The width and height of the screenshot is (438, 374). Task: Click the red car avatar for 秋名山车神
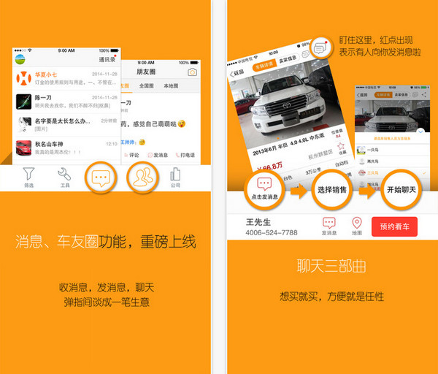pyautogui.click(x=24, y=148)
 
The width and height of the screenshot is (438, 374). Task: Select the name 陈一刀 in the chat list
pyautogui.click(x=47, y=96)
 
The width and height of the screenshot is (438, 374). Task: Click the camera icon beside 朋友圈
pyautogui.click(x=193, y=72)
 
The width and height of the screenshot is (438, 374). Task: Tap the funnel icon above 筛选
pyautogui.click(x=28, y=174)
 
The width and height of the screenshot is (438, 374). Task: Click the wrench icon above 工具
pyautogui.click(x=64, y=174)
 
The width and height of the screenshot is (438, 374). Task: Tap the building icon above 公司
pyautogui.click(x=175, y=174)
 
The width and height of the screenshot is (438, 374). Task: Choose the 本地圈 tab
pyautogui.click(x=171, y=86)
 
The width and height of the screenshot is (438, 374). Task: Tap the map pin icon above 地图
pyautogui.click(x=357, y=223)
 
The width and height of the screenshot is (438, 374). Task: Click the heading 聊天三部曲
pyautogui.click(x=331, y=265)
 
